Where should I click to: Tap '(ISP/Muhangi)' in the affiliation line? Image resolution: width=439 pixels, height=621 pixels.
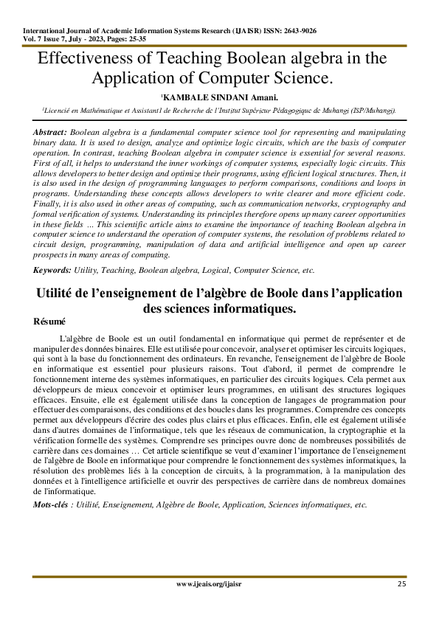click(x=374, y=108)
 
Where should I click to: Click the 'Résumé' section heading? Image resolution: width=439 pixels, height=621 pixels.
click(x=49, y=322)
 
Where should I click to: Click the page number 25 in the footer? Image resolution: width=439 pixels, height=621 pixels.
click(x=401, y=584)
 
